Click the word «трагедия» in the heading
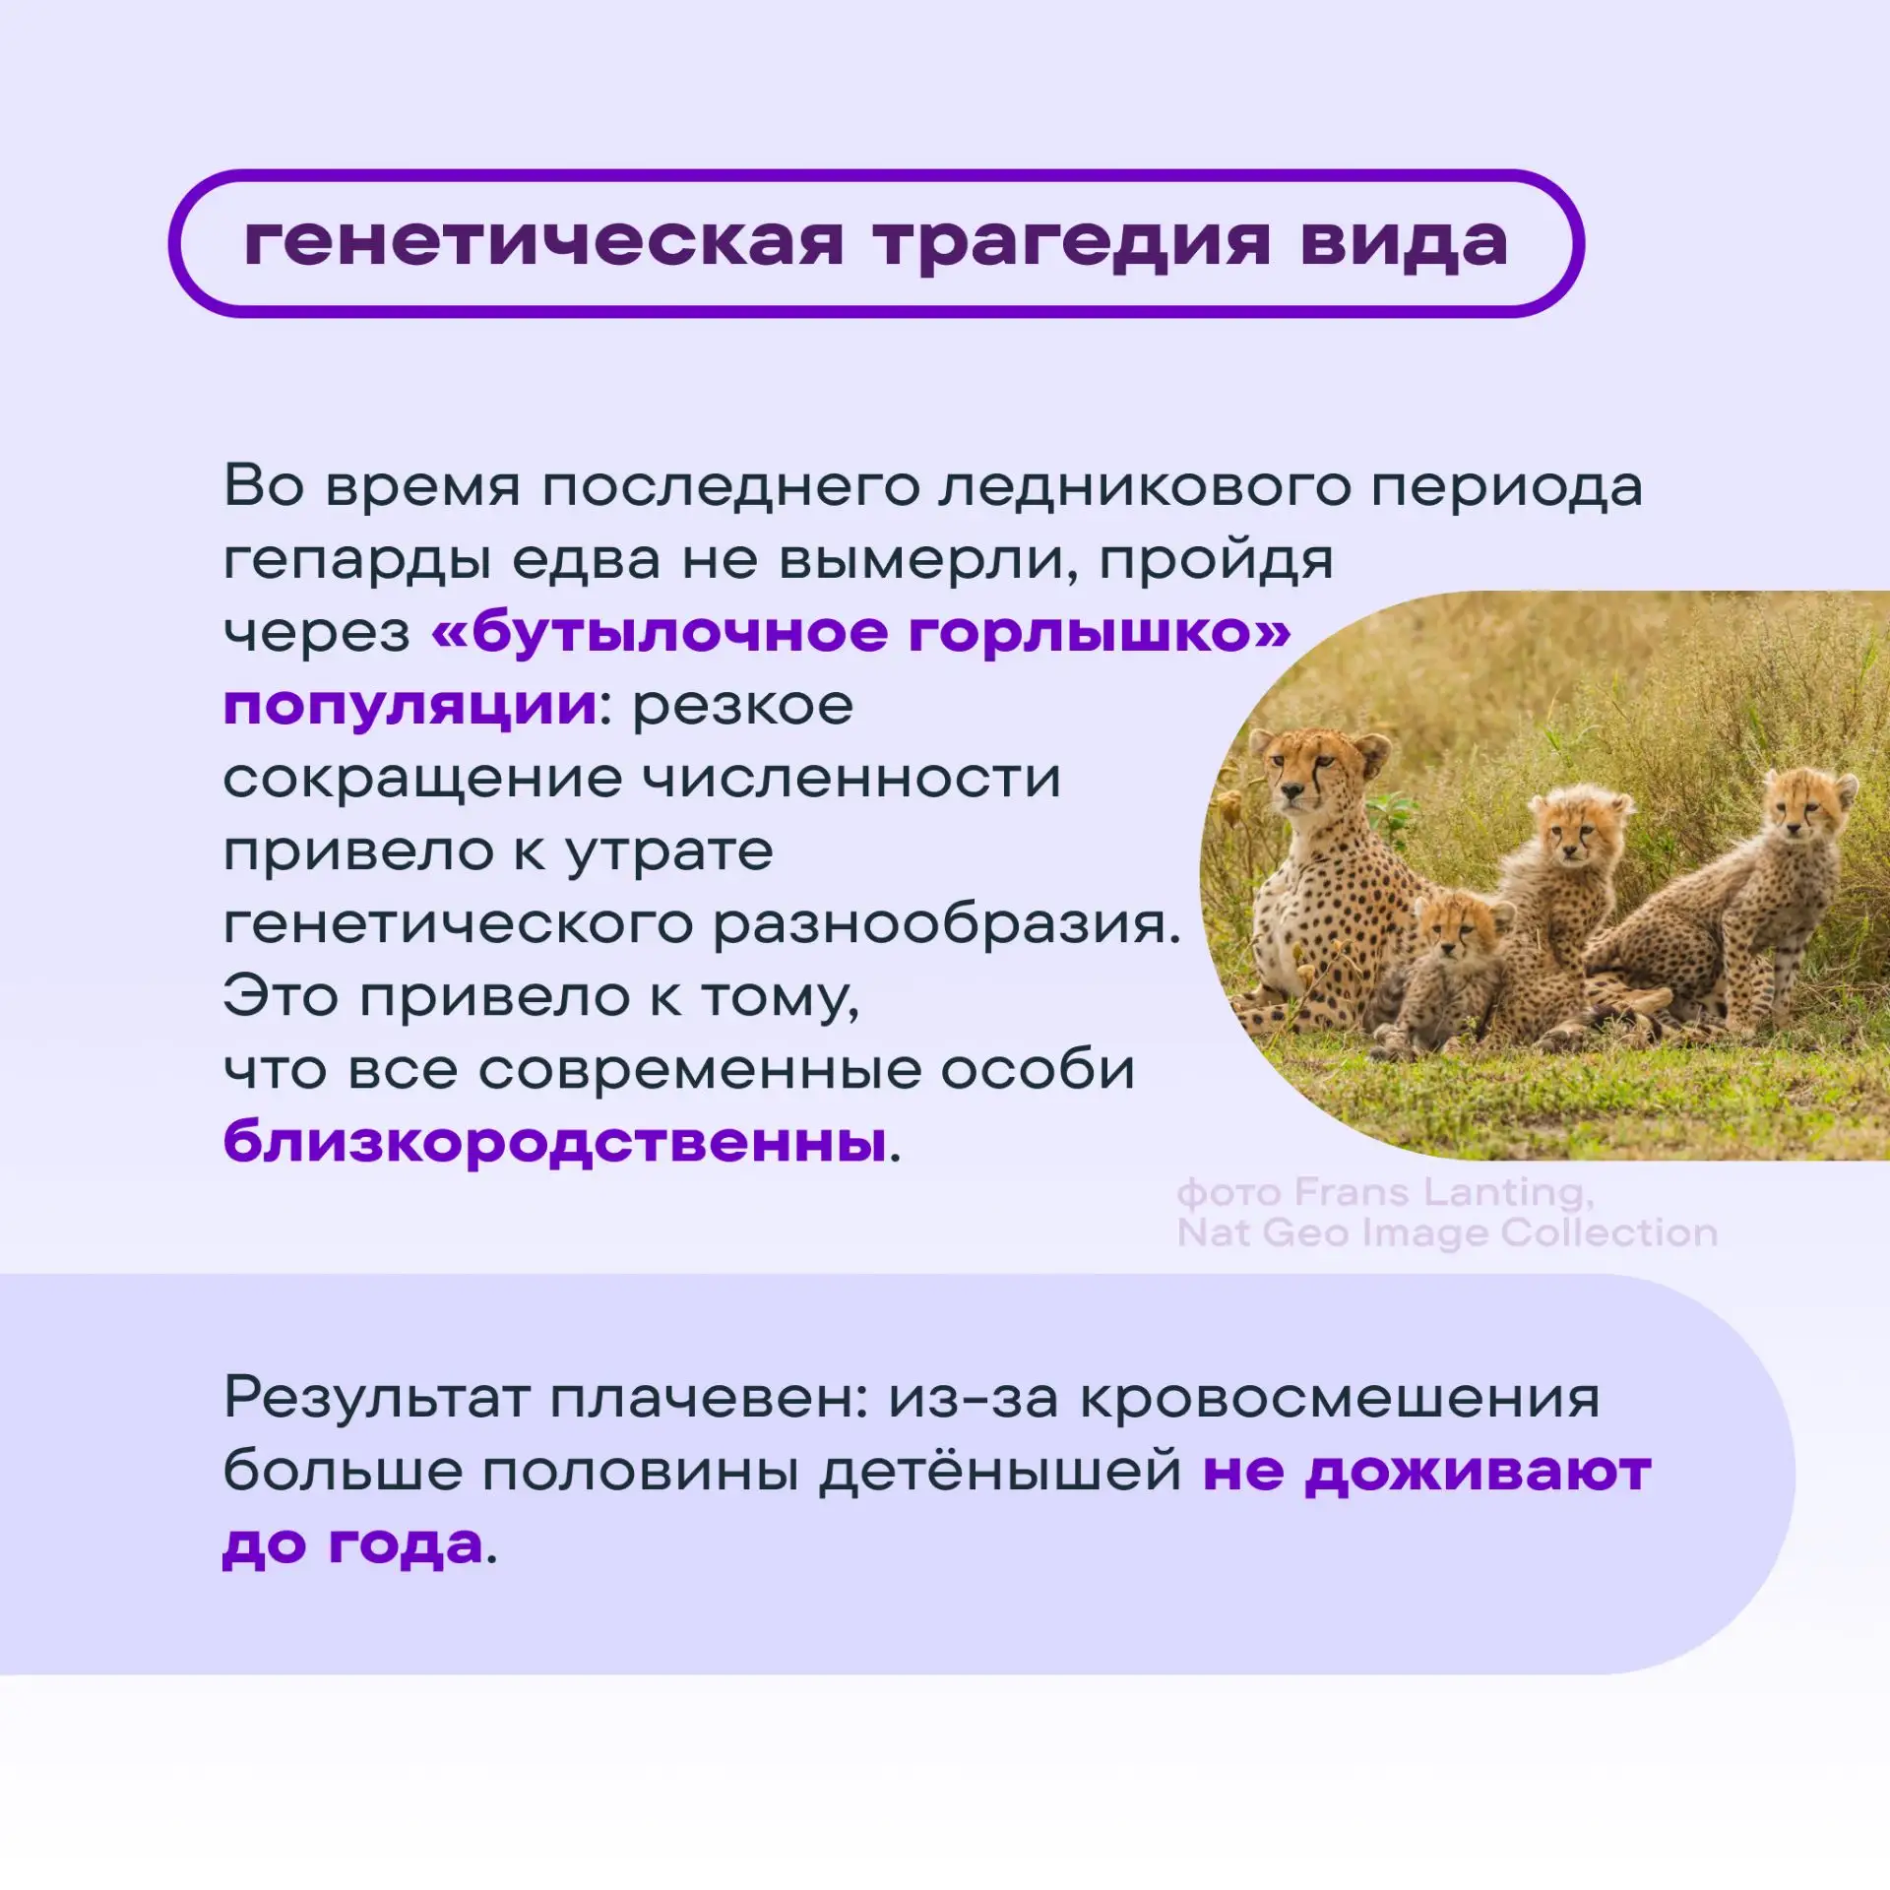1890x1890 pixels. [1073, 243]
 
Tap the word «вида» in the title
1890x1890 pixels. [1404, 241]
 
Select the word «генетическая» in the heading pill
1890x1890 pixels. [544, 242]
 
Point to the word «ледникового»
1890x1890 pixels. [1144, 488]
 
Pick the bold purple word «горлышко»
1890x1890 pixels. [1098, 633]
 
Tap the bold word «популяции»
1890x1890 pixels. [410, 707]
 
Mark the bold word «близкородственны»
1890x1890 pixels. [555, 1142]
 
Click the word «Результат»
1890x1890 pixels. [377, 1399]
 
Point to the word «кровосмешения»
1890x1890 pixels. [1340, 1399]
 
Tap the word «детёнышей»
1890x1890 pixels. [1000, 1472]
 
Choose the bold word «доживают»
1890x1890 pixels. [1478, 1473]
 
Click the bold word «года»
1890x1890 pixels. [406, 1545]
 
